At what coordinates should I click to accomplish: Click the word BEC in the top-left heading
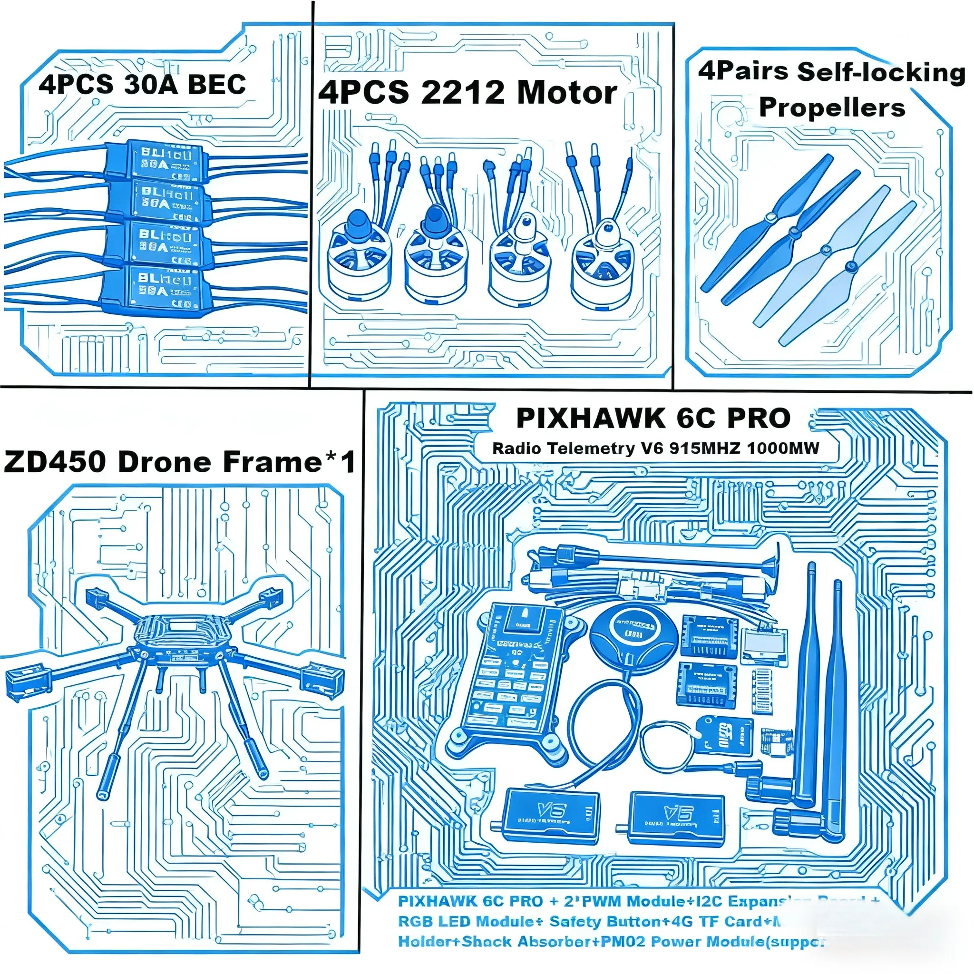coord(217,84)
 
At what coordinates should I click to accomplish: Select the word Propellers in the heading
coord(832,107)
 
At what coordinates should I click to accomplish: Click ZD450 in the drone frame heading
coord(54,461)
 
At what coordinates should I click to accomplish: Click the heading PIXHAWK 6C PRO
coord(653,419)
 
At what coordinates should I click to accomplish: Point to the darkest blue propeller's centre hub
coord(770,217)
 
